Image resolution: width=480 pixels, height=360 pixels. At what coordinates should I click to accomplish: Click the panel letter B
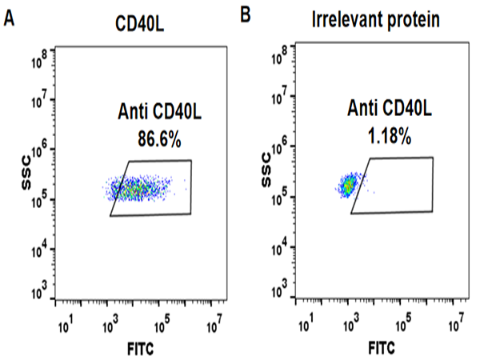click(x=245, y=14)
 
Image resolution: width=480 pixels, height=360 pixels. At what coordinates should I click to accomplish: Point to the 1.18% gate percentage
click(x=390, y=138)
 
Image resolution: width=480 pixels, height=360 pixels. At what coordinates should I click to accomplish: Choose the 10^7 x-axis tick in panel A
click(x=213, y=326)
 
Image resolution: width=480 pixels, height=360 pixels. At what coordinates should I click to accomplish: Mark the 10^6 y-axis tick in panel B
click(x=282, y=147)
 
